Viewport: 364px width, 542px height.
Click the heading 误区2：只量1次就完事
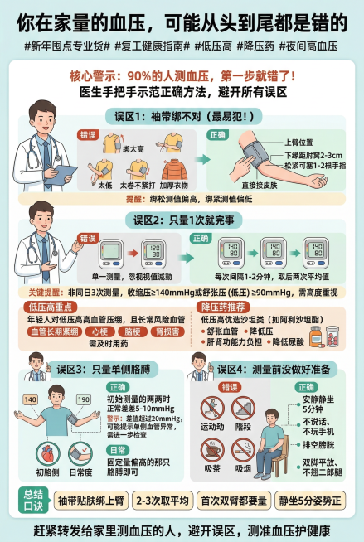point(182,220)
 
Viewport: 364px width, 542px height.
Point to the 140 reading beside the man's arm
point(31,399)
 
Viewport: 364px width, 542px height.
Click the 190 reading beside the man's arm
point(84,399)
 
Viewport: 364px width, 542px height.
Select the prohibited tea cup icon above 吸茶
point(213,450)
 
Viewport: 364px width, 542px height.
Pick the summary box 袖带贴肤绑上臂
point(90,500)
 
